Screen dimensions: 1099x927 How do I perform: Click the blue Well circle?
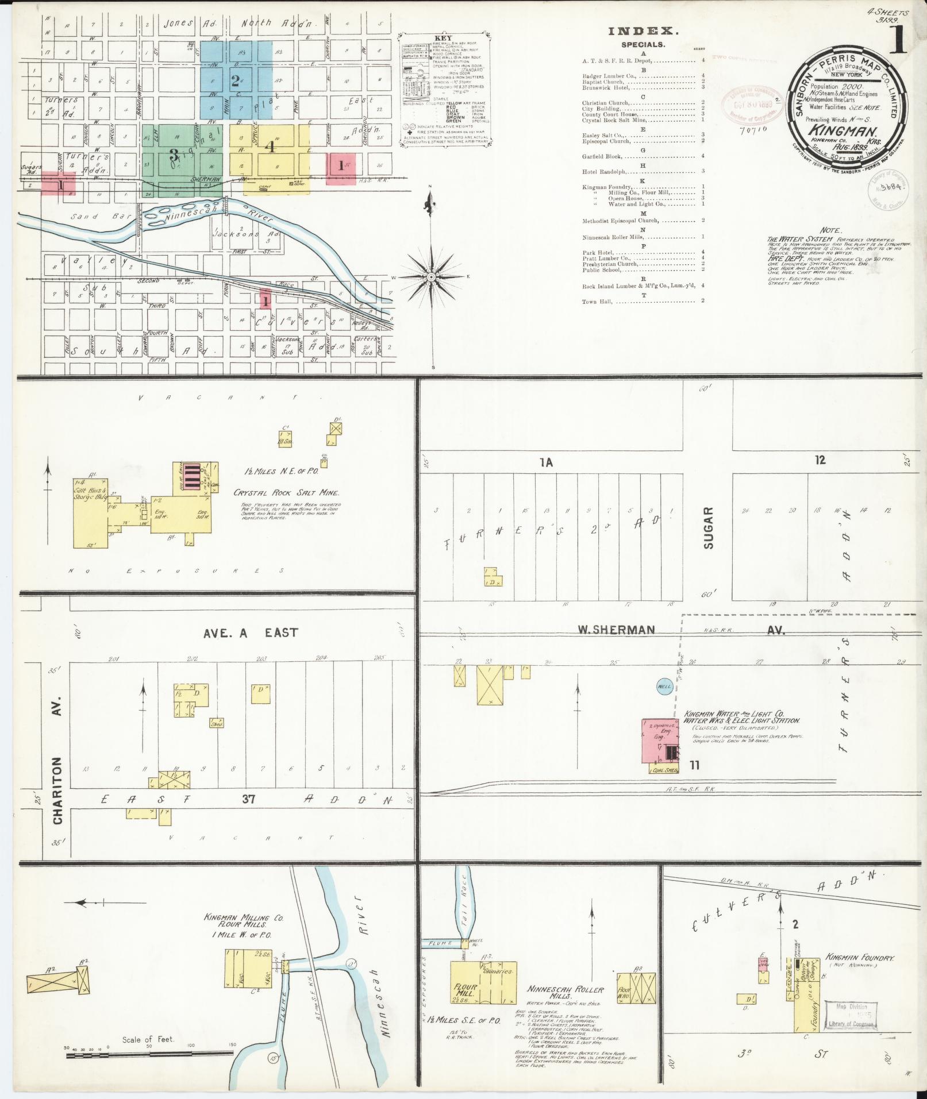pyautogui.click(x=665, y=687)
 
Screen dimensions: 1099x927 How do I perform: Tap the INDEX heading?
pyautogui.click(x=643, y=32)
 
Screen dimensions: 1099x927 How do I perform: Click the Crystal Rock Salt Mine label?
pyautogui.click(x=286, y=492)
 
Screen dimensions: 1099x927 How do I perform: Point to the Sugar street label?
pyautogui.click(x=708, y=527)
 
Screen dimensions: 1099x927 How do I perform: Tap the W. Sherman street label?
pyautogui.click(x=617, y=630)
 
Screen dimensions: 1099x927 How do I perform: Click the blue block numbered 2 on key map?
pyautogui.click(x=235, y=80)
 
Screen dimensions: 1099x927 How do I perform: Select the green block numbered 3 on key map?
pyautogui.click(x=173, y=155)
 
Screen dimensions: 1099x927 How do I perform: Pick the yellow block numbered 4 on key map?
pyautogui.click(x=269, y=146)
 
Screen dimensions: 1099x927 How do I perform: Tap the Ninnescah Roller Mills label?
pyautogui.click(x=566, y=993)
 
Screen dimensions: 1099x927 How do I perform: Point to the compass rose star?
pyautogui.click(x=430, y=277)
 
